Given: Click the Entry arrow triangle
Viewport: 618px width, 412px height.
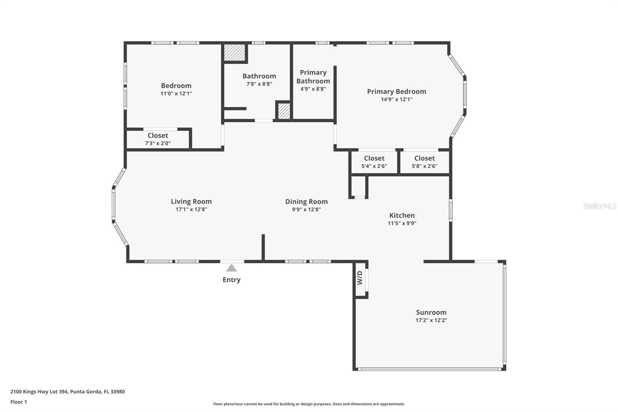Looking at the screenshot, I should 231,268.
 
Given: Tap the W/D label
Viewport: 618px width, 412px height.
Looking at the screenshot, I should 360,278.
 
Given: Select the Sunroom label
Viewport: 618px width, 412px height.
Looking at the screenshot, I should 431,312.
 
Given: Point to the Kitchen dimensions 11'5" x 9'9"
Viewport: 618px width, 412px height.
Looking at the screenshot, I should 402,223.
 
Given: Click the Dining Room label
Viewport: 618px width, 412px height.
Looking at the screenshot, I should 306,201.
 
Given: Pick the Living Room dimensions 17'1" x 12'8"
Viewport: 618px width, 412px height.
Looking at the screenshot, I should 191,209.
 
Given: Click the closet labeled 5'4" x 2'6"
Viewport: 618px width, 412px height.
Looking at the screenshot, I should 374,162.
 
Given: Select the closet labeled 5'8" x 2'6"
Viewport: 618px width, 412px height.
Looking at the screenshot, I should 424,162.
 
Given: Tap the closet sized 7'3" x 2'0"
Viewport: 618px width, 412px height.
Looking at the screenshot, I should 158,139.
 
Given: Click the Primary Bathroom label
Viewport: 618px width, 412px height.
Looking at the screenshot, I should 313,77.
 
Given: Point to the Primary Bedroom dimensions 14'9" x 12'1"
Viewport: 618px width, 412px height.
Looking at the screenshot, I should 396,99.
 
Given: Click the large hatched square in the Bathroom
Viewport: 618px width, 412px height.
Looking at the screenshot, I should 235,52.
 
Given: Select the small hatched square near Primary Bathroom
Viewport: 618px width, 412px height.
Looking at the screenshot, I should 284,111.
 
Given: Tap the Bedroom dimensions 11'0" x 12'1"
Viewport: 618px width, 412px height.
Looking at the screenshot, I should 176,94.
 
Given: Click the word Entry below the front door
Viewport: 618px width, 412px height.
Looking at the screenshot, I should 231,280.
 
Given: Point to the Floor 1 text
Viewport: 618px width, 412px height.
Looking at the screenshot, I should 19,402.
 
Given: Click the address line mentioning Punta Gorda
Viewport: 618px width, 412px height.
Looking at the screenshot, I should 67,392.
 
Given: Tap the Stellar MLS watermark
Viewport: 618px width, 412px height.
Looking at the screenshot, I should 599,206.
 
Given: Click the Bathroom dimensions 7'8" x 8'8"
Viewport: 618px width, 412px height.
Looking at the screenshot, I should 259,84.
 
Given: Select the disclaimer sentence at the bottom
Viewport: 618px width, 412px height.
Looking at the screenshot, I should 309,404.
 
